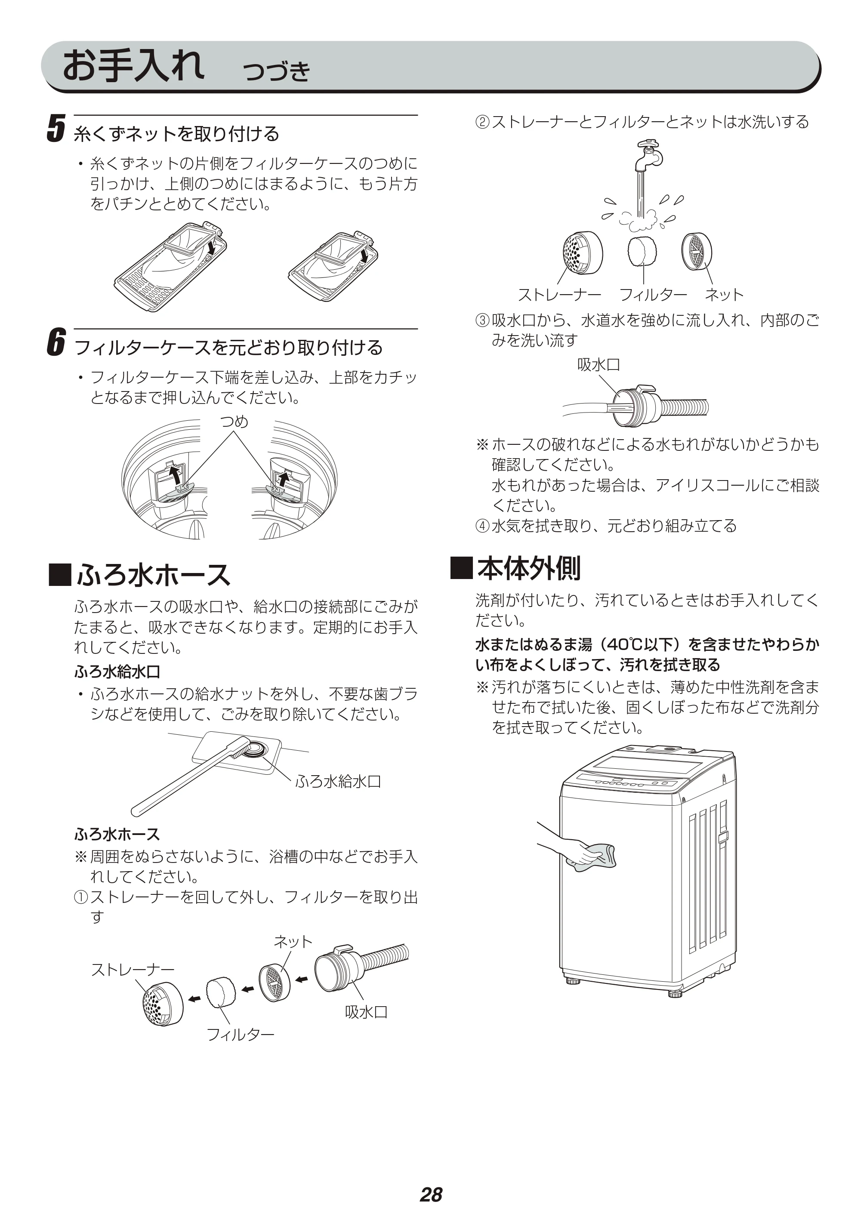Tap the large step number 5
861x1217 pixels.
pos(56,129)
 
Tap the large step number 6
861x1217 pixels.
pos(56,342)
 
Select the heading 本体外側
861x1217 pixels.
pos(516,568)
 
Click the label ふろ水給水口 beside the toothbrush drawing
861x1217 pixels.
pos(338,781)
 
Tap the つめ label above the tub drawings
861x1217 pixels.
pos(235,422)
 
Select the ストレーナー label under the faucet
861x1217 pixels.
pos(559,294)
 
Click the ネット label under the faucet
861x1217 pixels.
pos(724,294)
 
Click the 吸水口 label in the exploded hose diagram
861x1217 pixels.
pos(366,1012)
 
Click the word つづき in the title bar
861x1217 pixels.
pos(276,71)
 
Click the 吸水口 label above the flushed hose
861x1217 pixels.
pos(599,365)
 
